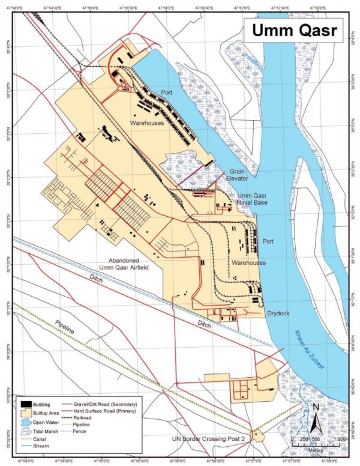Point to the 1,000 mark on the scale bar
pyautogui.click(x=340, y=440)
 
